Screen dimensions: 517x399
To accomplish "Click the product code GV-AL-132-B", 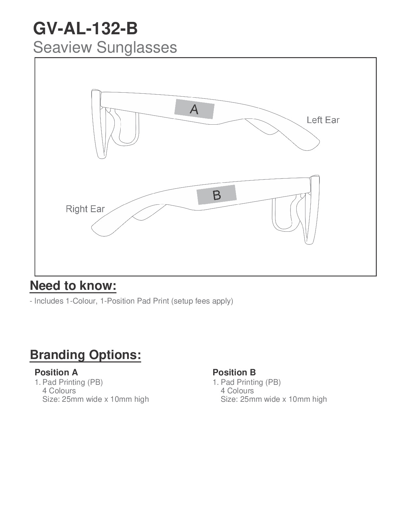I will [x=85, y=29].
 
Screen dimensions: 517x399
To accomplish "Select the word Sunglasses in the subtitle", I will [x=137, y=47].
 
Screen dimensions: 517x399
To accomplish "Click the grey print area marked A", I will [x=194, y=109].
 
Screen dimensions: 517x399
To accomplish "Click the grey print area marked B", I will [x=216, y=195].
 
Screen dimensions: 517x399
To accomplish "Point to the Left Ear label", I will [x=323, y=120].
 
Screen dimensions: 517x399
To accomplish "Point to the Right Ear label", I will [x=85, y=209].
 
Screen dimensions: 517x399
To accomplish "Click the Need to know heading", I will [x=73, y=286].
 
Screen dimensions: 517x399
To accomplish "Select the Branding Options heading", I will [x=85, y=355].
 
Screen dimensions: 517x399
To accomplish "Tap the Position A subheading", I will [x=56, y=372].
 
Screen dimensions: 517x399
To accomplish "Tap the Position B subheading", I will [x=234, y=372].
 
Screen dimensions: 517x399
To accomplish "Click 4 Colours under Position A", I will [x=59, y=391].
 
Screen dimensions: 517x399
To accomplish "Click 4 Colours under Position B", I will [x=237, y=391].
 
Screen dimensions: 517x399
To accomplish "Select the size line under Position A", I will [x=96, y=399].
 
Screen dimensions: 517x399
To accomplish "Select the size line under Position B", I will [x=273, y=399].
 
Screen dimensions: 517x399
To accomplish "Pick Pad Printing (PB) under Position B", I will [x=250, y=382].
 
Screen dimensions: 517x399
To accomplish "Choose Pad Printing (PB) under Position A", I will [x=72, y=382].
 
